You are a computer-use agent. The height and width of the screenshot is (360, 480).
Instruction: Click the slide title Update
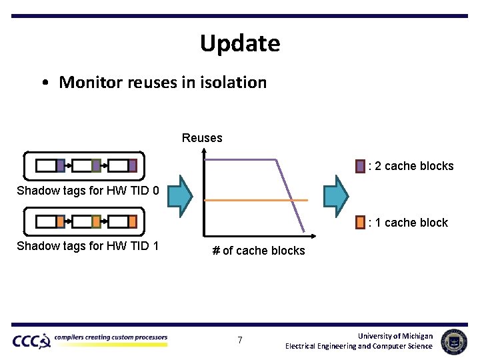(240, 43)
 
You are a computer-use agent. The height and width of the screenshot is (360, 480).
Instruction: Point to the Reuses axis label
(202, 138)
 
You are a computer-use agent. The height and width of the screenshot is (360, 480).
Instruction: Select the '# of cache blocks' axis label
(259, 251)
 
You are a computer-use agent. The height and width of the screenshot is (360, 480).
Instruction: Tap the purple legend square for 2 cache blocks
(360, 166)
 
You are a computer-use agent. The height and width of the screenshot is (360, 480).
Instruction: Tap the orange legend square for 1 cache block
(360, 222)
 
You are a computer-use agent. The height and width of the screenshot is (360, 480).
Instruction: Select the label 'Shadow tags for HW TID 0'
(88, 191)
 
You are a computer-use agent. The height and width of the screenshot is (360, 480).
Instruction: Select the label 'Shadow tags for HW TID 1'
(88, 246)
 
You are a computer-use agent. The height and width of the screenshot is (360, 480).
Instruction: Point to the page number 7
(240, 341)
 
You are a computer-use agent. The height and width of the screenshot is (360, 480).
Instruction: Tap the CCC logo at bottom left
(31, 341)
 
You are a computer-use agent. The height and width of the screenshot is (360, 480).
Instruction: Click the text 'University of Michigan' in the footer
(395, 336)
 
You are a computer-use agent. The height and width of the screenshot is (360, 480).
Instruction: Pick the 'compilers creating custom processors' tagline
(111, 337)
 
